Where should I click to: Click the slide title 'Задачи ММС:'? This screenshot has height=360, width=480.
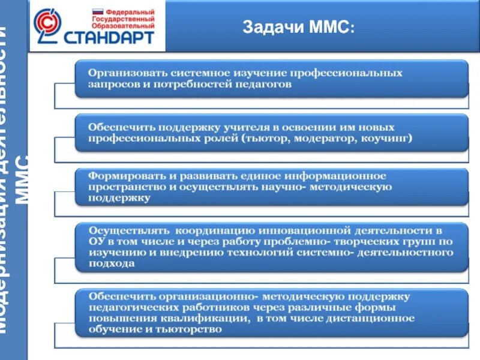(298, 27)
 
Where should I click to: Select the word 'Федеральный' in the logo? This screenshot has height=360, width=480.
(130, 12)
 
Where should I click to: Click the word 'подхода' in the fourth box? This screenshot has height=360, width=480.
(112, 263)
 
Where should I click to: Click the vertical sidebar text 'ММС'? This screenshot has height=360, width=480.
(22, 180)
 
